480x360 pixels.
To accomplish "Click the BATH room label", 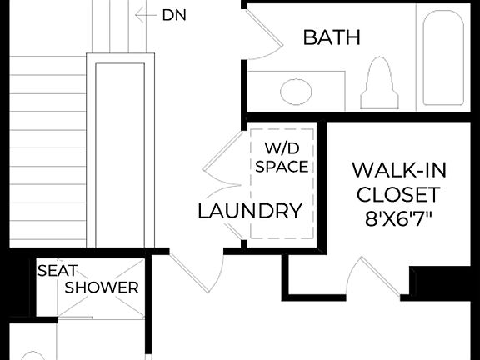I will [x=332, y=37].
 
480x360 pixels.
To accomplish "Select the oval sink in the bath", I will [x=296, y=90].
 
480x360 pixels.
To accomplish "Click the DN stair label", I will [x=174, y=14].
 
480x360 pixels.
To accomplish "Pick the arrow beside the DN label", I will [x=146, y=14].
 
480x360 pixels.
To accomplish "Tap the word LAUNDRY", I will [x=249, y=211].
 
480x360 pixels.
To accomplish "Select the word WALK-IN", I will [x=398, y=170].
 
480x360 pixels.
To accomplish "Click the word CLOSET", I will [x=398, y=195].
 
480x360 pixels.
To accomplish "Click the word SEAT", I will [x=56, y=270].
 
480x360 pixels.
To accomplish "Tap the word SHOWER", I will [x=102, y=287].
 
